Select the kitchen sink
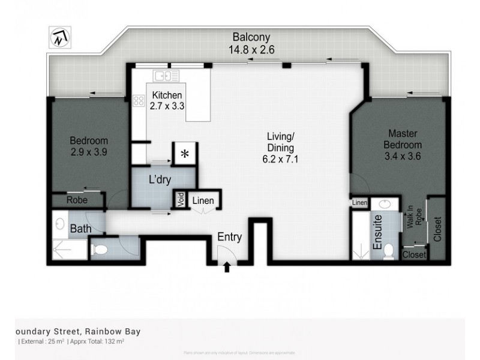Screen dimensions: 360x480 pos(165,76)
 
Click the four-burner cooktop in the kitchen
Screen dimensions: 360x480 pos(139,101)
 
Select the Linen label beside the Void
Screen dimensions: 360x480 pos(203,200)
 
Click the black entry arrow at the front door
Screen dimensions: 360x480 pos(227,268)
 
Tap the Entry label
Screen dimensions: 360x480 pos(229,237)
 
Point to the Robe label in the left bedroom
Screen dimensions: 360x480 pos(76,200)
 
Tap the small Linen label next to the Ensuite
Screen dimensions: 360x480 pos(359,203)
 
